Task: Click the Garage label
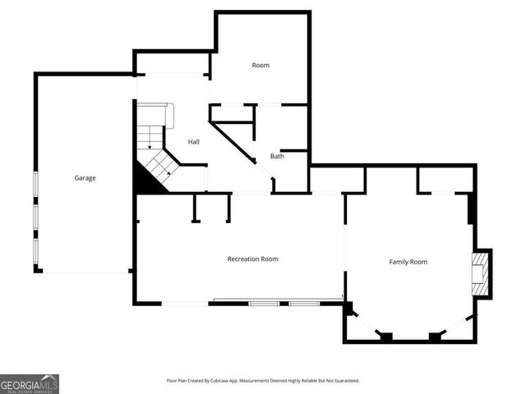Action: click(85, 177)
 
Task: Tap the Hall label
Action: click(194, 141)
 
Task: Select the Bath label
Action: click(277, 156)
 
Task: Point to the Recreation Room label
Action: click(252, 259)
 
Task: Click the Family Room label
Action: click(408, 262)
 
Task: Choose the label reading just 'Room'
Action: click(261, 65)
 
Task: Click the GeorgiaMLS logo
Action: click(30, 383)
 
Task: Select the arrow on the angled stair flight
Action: click(168, 172)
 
